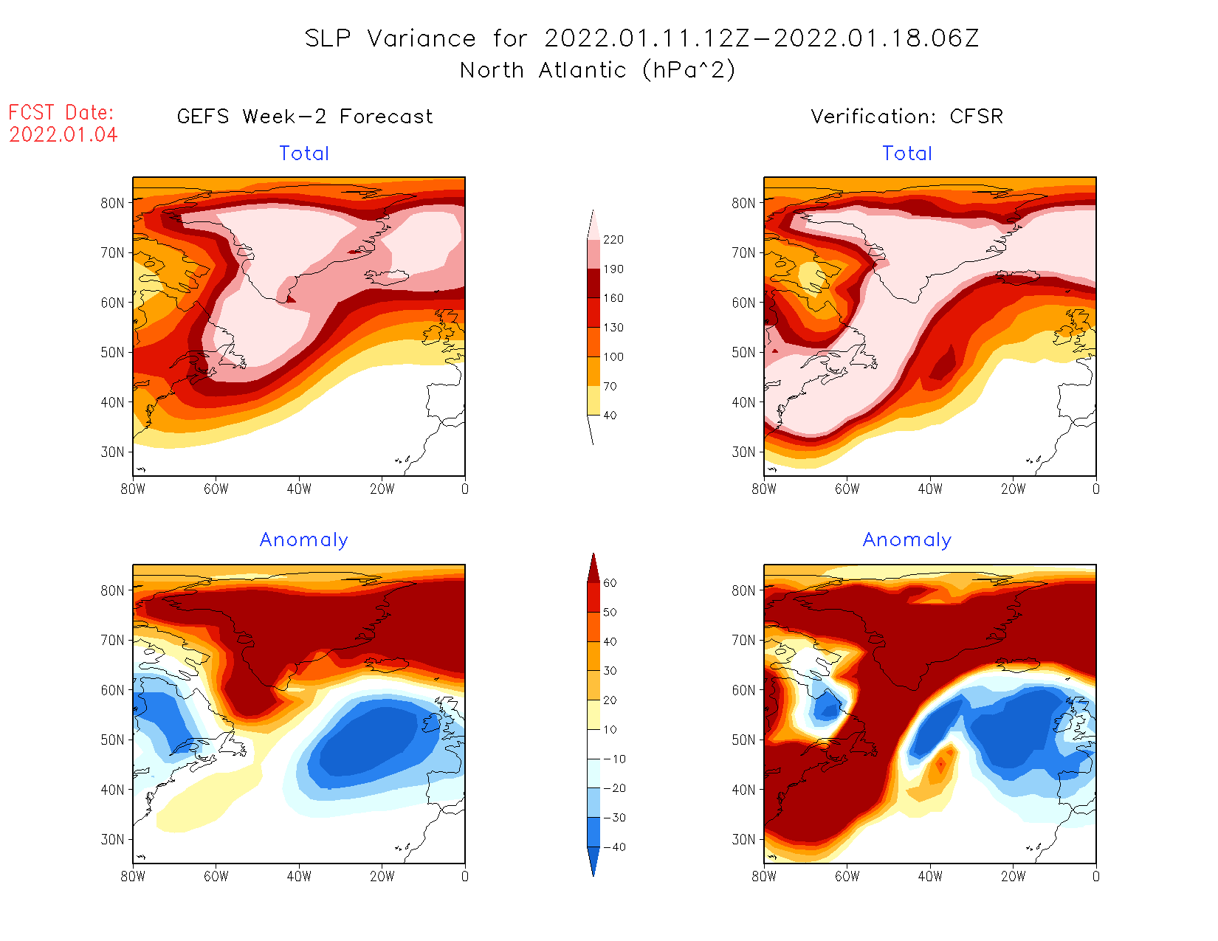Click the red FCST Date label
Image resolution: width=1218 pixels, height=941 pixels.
61,113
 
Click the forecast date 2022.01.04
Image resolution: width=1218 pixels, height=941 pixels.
63,135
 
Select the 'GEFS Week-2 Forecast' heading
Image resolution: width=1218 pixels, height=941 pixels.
305,117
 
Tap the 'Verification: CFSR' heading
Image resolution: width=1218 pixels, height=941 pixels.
907,117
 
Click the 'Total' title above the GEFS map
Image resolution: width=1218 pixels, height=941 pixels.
304,154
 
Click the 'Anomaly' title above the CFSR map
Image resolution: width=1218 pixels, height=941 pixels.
907,540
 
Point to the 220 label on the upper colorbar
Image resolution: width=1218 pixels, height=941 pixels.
613,240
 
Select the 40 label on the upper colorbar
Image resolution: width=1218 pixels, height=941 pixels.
610,416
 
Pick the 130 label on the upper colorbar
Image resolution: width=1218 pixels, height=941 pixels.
613,328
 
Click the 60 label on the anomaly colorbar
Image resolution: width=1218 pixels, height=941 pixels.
610,583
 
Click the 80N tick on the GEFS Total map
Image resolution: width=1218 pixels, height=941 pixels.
112,203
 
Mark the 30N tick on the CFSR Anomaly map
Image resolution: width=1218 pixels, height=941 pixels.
743,840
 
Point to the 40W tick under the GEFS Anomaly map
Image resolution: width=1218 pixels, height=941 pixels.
299,877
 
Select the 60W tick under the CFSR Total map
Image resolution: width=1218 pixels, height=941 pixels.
847,489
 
